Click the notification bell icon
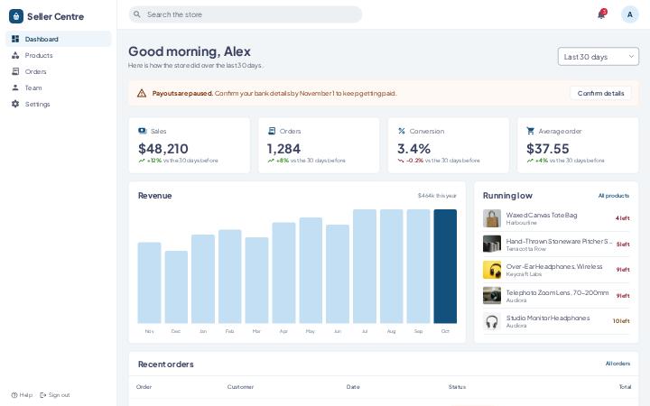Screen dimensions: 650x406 601,14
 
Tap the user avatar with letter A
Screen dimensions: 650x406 630,14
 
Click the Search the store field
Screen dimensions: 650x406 245,14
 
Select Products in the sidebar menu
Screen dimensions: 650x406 39,55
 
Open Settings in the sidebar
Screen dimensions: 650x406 37,104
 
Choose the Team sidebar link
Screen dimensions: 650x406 33,88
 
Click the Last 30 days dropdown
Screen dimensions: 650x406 599,56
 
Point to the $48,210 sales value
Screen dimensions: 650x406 162,148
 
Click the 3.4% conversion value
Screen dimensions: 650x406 413,148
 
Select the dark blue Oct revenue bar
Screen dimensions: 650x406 445,266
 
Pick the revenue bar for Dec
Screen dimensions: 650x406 176,287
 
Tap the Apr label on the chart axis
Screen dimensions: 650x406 283,331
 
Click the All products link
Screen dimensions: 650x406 614,196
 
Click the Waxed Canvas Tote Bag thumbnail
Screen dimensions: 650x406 492,218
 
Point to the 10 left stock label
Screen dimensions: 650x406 621,321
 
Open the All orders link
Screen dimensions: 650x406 617,364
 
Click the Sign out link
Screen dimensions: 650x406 55,395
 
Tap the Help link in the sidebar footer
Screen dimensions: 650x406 22,395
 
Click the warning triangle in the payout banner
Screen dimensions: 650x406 142,93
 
